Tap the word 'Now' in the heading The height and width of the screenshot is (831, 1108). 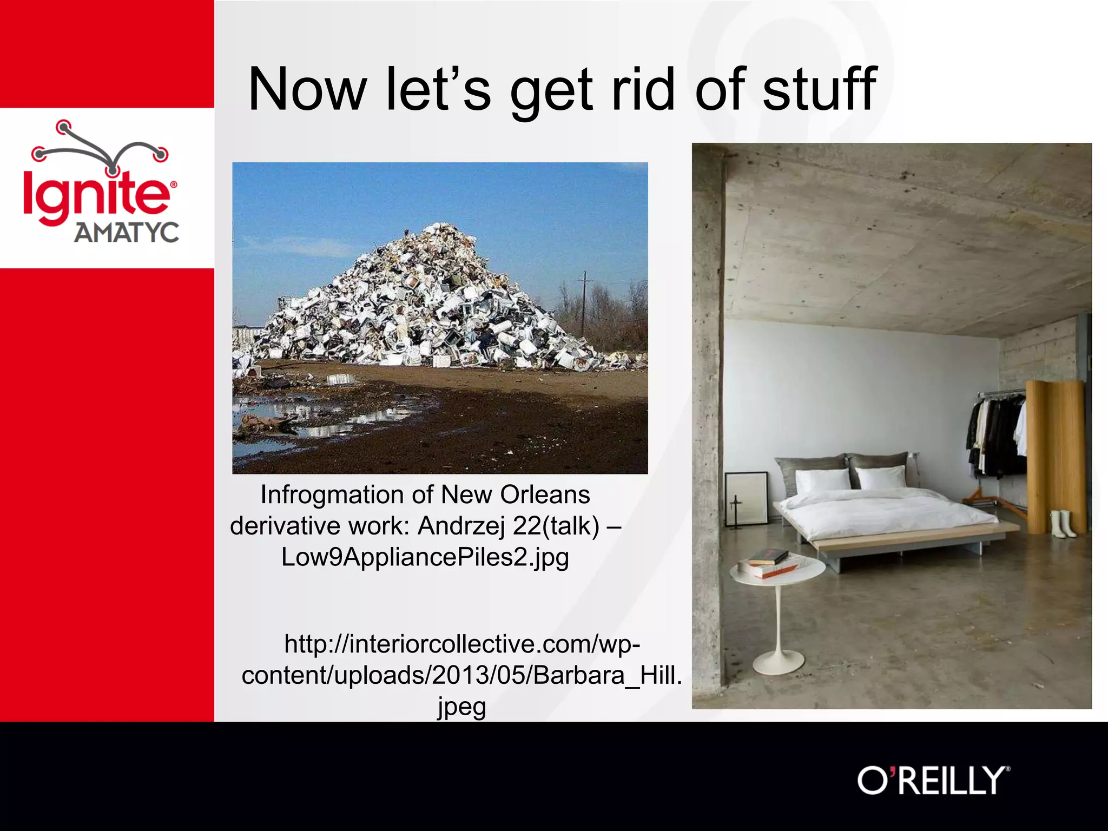[x=307, y=89]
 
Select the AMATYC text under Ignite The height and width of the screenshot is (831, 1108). [x=127, y=233]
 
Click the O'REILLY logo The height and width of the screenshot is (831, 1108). [x=933, y=781]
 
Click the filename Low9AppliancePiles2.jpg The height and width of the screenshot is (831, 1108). [x=425, y=557]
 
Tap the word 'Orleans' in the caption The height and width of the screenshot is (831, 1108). [x=545, y=494]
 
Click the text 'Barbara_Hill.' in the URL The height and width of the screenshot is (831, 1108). [x=608, y=675]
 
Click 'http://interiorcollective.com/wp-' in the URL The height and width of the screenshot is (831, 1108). [x=463, y=644]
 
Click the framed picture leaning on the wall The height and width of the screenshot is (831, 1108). [x=746, y=499]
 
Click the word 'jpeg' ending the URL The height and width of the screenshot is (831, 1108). [x=461, y=707]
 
